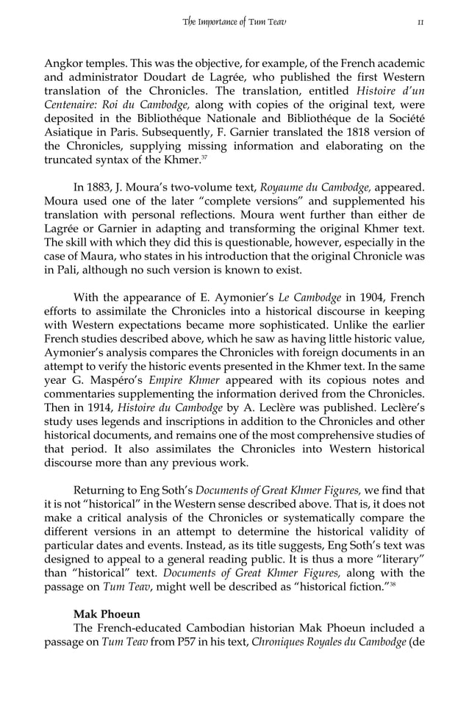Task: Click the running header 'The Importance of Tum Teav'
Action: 234,21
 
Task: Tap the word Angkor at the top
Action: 63,63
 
